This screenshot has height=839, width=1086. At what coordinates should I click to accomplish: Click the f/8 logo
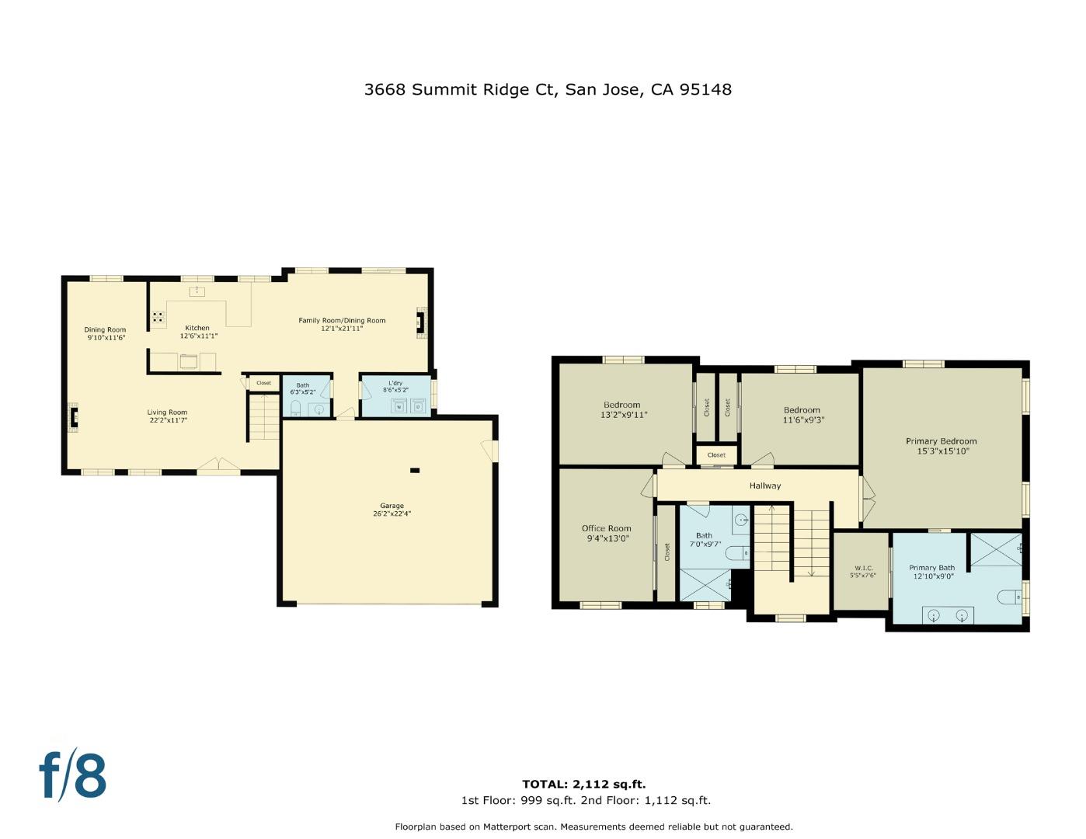(72, 775)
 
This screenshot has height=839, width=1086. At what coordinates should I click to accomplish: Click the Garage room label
(392, 506)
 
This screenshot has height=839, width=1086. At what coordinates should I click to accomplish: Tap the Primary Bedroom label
(941, 441)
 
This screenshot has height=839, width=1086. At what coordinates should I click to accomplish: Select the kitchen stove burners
(158, 317)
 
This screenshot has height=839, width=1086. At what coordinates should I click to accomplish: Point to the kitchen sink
(197, 291)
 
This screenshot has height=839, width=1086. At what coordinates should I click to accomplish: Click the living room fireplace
(74, 417)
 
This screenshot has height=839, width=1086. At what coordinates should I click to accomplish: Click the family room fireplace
(420, 321)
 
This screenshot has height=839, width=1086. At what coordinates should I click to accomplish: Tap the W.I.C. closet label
(862, 568)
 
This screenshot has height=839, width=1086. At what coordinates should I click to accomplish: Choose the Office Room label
(606, 528)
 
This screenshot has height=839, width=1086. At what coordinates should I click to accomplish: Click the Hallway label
(764, 486)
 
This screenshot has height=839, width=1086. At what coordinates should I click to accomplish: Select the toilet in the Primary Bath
(1009, 597)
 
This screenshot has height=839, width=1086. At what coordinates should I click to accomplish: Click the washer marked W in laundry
(399, 406)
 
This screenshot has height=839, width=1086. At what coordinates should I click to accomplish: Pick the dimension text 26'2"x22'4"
(392, 513)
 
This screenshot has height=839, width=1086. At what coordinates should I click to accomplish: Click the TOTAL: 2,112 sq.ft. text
(583, 784)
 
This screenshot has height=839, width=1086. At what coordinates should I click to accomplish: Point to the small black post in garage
(415, 470)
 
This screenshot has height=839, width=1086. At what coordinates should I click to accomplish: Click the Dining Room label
(105, 329)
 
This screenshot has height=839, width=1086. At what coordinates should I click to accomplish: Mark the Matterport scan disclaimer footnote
(593, 827)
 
